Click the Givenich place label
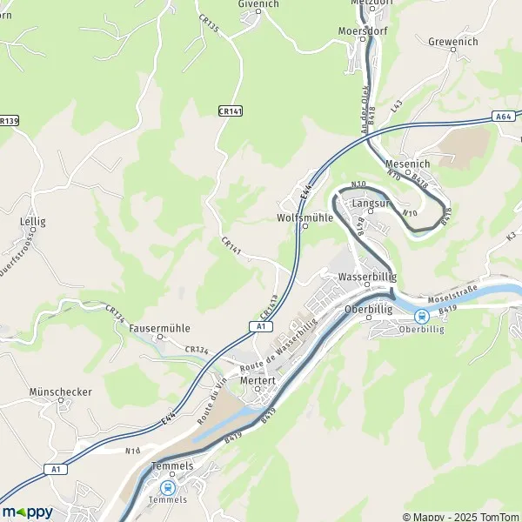[258, 4]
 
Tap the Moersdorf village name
[363, 30]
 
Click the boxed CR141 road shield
[231, 111]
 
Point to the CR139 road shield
[7, 121]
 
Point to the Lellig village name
[32, 221]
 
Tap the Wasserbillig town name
[366, 277]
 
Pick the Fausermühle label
[159, 329]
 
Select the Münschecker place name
[60, 391]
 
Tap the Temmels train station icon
[168, 488]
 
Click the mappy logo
[27, 512]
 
